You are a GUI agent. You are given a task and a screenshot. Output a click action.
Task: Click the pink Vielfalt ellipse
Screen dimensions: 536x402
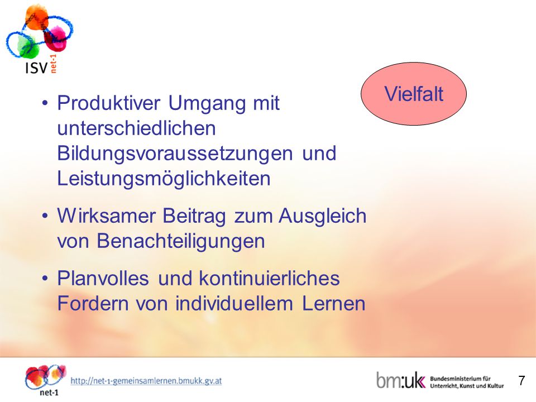(414, 94)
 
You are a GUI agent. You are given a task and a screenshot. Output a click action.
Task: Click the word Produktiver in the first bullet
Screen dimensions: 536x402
(109, 103)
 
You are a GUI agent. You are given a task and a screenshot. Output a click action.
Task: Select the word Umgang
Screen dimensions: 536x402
(207, 104)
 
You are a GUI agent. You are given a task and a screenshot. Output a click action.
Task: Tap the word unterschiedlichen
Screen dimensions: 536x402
(136, 128)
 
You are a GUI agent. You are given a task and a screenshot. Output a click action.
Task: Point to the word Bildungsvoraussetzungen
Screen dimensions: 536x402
(175, 154)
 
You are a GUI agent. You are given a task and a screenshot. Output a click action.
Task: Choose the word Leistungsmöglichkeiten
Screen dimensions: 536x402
(164, 179)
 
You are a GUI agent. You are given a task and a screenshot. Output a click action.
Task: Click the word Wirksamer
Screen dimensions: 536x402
(106, 216)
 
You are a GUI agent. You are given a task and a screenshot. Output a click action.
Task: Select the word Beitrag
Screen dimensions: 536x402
(194, 217)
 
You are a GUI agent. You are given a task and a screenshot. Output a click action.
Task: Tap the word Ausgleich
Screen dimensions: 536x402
(322, 217)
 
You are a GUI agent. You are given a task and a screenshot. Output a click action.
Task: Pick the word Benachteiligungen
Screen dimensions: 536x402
(181, 242)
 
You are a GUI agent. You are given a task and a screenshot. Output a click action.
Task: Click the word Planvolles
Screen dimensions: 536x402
(103, 278)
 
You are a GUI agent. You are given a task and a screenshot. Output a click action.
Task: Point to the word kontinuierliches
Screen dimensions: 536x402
(269, 278)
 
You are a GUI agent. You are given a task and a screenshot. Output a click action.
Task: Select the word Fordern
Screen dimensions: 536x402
(93, 304)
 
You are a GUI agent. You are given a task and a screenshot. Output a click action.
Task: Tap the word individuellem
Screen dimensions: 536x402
(234, 304)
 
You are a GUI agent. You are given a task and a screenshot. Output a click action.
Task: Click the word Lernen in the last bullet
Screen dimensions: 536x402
(334, 304)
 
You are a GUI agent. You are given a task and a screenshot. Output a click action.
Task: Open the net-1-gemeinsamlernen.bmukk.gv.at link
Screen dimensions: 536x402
(146, 381)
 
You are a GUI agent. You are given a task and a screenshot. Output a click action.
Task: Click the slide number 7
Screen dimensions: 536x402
(521, 380)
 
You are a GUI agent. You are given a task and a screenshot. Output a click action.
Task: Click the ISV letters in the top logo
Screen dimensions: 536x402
(36, 68)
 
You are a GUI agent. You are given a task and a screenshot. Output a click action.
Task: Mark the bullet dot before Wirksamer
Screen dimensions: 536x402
(45, 217)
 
